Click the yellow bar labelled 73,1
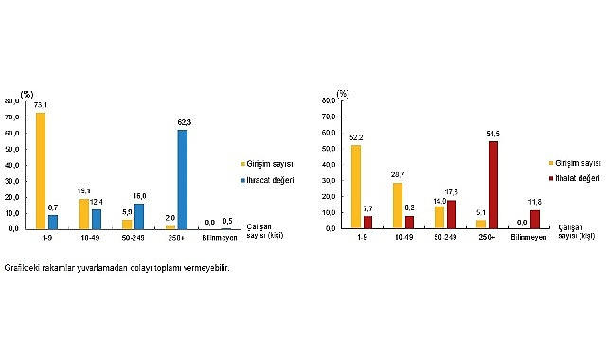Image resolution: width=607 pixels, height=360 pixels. (41, 171)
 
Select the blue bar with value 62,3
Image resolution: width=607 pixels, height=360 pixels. (181, 179)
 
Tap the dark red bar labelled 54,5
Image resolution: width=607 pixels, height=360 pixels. (492, 185)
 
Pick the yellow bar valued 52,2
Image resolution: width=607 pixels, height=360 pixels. (356, 187)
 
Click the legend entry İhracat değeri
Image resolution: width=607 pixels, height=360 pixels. (268, 178)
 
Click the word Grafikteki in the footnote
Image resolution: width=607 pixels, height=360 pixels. (22, 268)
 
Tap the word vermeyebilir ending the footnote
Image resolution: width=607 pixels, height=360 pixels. (209, 268)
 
